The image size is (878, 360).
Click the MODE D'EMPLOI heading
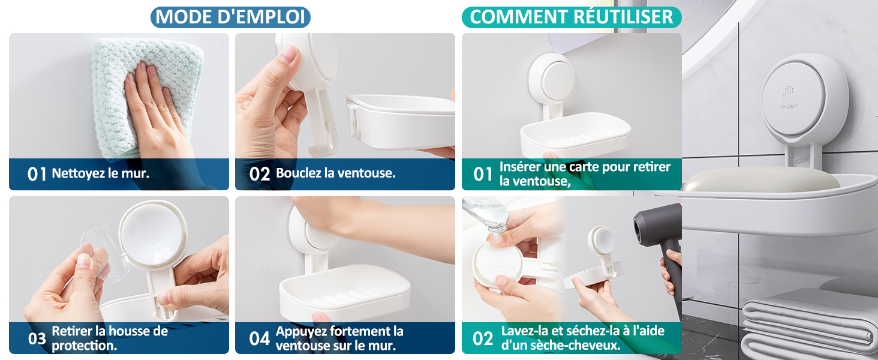point(230,17)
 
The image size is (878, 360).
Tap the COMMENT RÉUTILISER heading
point(572,17)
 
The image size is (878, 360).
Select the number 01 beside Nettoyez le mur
point(37,175)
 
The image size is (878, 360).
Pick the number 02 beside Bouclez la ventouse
point(260,175)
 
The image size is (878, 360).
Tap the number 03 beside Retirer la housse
point(37,338)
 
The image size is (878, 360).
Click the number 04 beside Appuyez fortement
point(260,338)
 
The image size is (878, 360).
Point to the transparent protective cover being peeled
point(100,251)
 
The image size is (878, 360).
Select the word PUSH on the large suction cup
point(789,106)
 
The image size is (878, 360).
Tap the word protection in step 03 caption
point(85,346)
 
